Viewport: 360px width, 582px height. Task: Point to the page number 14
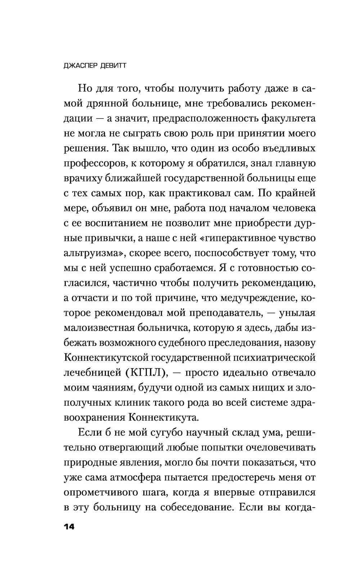click(x=69, y=527)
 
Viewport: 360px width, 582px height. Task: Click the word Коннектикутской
click(x=107, y=358)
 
